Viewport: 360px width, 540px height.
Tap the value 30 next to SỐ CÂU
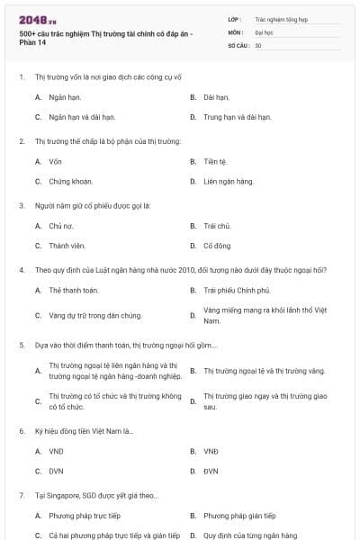(x=258, y=45)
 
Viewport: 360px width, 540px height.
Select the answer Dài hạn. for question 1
(x=217, y=96)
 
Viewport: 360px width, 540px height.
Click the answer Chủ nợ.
(x=60, y=226)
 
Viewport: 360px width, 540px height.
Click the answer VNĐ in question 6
(x=211, y=450)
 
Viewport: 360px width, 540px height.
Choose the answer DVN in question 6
(x=57, y=471)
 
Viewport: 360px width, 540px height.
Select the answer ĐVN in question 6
(x=211, y=471)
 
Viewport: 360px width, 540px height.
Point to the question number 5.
(x=21, y=345)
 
